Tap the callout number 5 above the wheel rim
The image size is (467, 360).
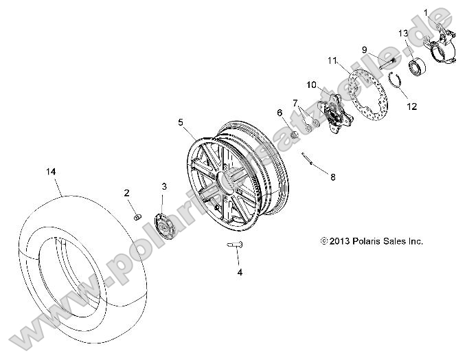pyautogui.click(x=181, y=123)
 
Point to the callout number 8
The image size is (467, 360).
pyautogui.click(x=332, y=177)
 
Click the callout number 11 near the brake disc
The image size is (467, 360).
pyautogui.click(x=333, y=61)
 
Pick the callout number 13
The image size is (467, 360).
pyautogui.click(x=403, y=34)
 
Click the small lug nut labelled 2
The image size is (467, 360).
pyautogui.click(x=136, y=217)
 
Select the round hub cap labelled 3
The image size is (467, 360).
pyautogui.click(x=163, y=224)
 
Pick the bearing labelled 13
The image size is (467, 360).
pyautogui.click(x=416, y=68)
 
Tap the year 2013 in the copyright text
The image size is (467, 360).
pyautogui.click(x=338, y=241)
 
